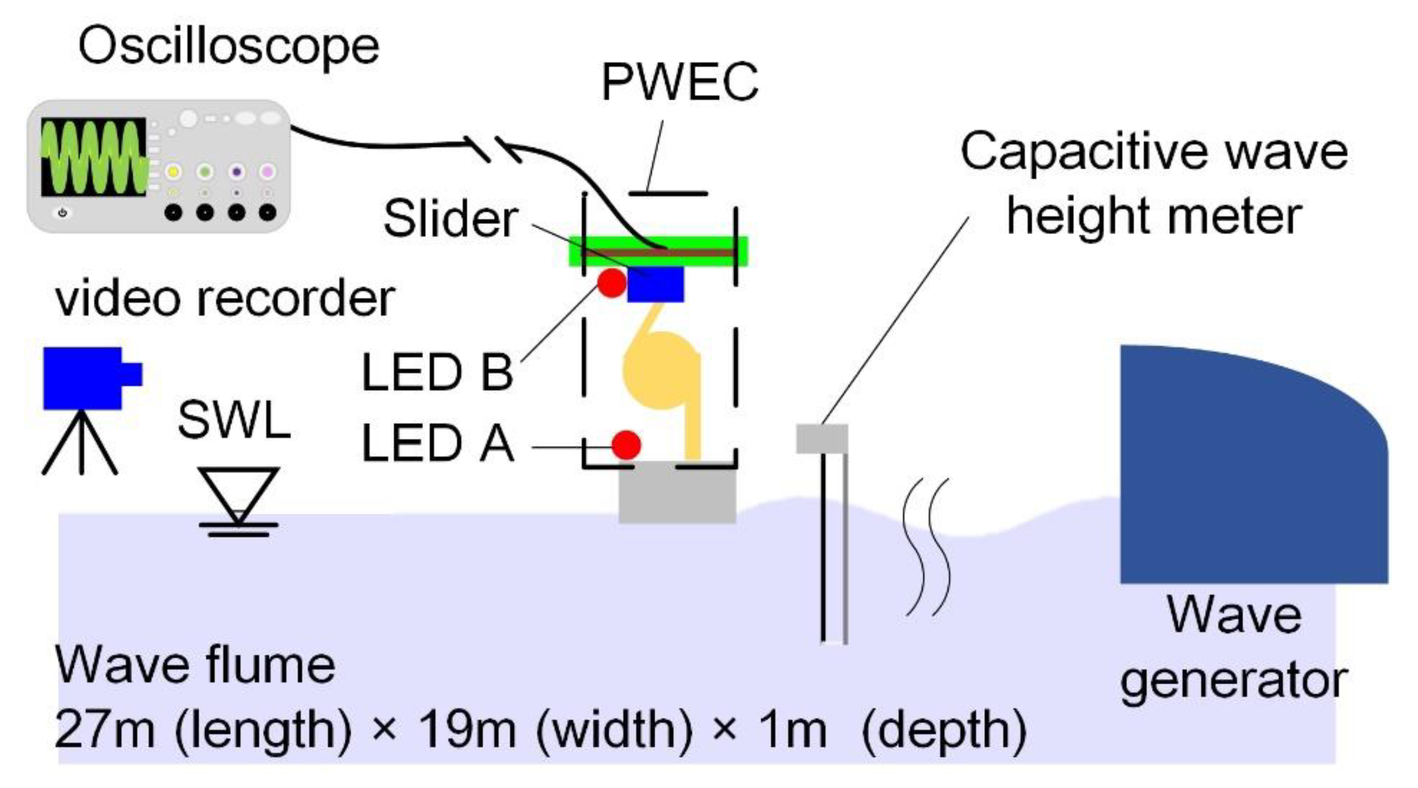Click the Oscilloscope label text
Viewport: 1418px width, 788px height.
(x=228, y=47)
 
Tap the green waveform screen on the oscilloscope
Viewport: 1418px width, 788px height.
(x=94, y=156)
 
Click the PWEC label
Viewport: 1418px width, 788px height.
(x=680, y=83)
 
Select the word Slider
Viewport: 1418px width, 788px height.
(x=450, y=219)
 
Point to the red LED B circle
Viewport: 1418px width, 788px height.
(x=612, y=283)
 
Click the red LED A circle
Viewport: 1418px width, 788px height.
(x=626, y=444)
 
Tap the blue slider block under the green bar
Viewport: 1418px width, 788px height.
(x=655, y=285)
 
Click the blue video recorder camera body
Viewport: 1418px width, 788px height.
(x=83, y=378)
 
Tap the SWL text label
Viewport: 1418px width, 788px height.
(x=234, y=420)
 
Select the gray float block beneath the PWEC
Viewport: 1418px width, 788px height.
(x=677, y=493)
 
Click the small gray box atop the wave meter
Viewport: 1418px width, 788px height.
(x=822, y=439)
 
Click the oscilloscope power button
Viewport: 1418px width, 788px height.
(x=62, y=213)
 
